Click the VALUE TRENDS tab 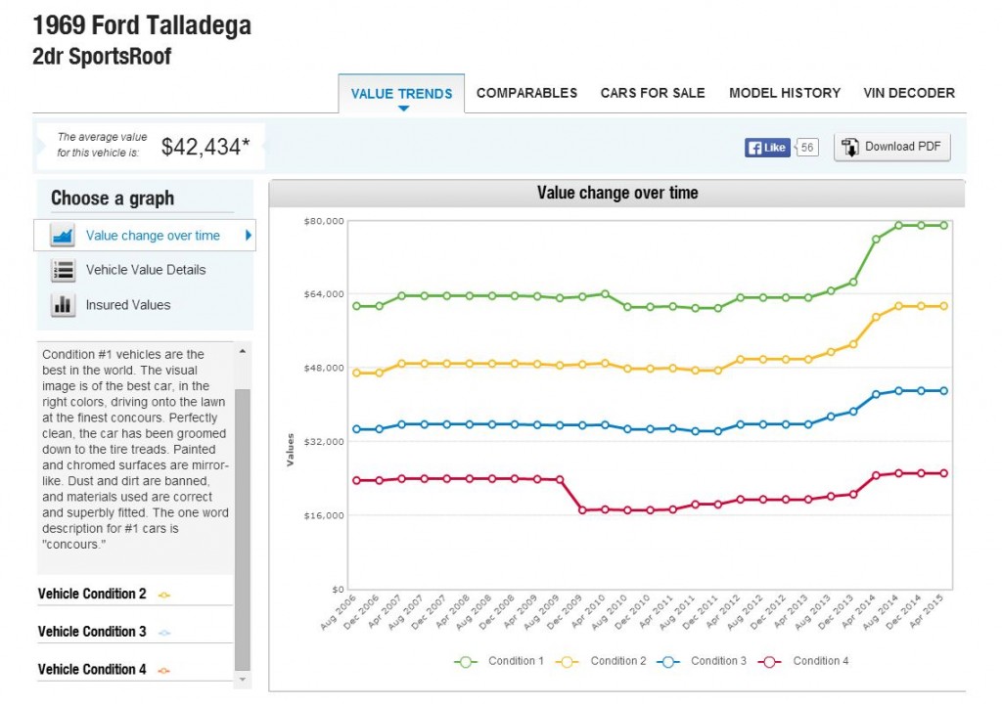pyautogui.click(x=401, y=94)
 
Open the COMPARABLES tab pyautogui.click(x=526, y=93)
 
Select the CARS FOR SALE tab pyautogui.click(x=653, y=93)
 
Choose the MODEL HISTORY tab pyautogui.click(x=785, y=93)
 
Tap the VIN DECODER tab pyautogui.click(x=909, y=93)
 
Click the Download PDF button pyautogui.click(x=891, y=147)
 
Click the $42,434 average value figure pyautogui.click(x=205, y=147)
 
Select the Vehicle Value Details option pyautogui.click(x=146, y=270)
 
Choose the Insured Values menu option pyautogui.click(x=128, y=305)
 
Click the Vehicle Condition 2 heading pyautogui.click(x=92, y=594)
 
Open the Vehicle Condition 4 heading pyautogui.click(x=92, y=669)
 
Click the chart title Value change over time pyautogui.click(x=617, y=194)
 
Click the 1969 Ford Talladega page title pyautogui.click(x=142, y=25)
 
